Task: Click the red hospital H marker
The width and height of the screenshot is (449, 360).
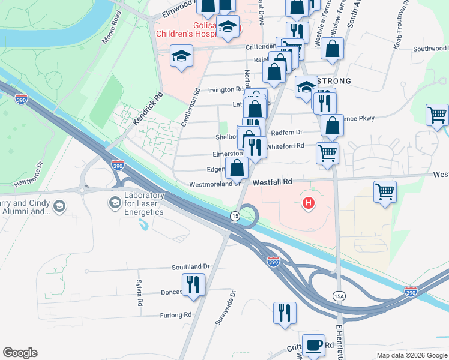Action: (309, 204)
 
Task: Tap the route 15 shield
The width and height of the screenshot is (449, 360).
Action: (235, 215)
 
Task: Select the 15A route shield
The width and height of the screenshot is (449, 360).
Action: (339, 295)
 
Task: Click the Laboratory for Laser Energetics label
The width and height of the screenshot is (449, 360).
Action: (144, 203)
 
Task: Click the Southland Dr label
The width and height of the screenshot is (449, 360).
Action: (191, 266)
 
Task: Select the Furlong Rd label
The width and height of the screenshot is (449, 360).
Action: (175, 315)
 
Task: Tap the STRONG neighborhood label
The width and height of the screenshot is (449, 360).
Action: (334, 80)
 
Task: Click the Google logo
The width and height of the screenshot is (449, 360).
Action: (20, 353)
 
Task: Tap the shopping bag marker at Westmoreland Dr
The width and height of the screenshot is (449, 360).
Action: (237, 169)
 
